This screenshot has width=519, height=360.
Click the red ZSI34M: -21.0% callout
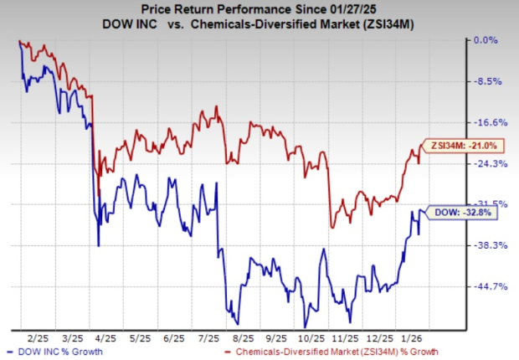click(464, 145)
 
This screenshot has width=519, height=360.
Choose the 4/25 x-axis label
click(130, 338)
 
